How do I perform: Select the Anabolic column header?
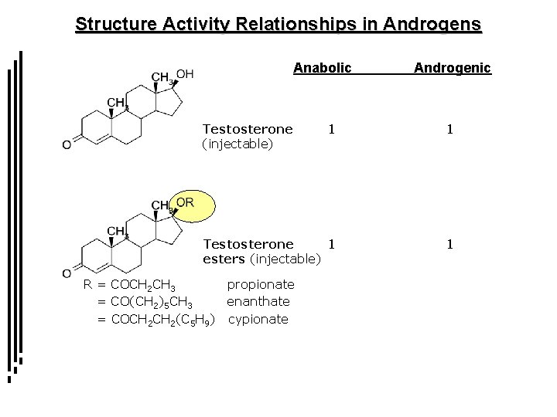coord(322,69)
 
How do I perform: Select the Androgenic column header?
coord(453,69)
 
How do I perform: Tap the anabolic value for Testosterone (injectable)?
coord(331,129)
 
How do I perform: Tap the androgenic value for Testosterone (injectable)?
coord(449,129)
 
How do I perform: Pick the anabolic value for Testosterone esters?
coord(331,245)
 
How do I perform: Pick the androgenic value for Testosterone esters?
coord(449,245)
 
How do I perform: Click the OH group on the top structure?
coord(186,74)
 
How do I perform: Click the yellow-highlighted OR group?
coord(186,202)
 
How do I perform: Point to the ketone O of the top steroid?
coord(67,144)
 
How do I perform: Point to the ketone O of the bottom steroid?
coord(67,273)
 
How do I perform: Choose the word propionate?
coord(260,285)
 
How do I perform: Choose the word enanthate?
coord(258,301)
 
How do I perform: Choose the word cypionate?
coord(258,318)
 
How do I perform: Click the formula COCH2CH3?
coord(145,286)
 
